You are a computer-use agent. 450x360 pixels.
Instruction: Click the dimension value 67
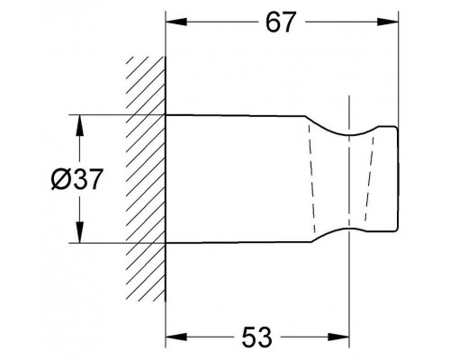click(281, 22)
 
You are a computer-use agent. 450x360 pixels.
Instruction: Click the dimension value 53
click(256, 337)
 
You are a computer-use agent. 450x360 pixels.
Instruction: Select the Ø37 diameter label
click(77, 179)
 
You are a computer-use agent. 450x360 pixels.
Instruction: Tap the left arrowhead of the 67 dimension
click(176, 22)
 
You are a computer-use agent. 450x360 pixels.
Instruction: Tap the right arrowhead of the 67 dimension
click(388, 22)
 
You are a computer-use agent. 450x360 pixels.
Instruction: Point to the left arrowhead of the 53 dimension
click(176, 337)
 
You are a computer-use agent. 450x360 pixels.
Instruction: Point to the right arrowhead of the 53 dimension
click(338, 337)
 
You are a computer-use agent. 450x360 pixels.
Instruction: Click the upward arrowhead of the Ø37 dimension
click(79, 125)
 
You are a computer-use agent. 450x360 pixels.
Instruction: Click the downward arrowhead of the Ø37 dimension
click(79, 232)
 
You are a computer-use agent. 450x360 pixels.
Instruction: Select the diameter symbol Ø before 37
click(60, 179)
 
